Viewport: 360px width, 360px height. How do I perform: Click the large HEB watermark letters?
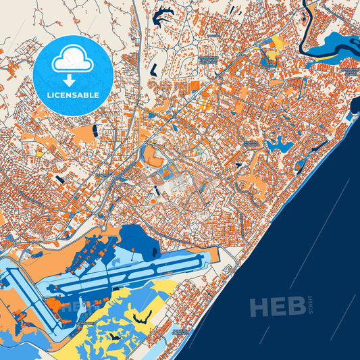pos(277,307)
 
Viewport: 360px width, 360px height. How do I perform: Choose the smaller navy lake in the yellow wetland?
pos(112,335)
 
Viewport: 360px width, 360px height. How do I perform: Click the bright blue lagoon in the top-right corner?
pos(335,46)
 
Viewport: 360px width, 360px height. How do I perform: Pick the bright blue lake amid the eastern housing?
pos(278,143)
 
